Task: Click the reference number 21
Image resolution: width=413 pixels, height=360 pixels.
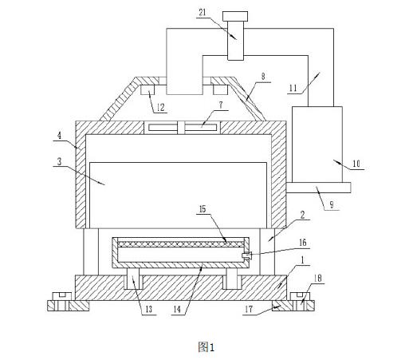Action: (203, 13)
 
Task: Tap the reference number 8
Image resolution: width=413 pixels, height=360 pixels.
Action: (263, 77)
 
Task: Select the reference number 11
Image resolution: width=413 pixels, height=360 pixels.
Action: (293, 88)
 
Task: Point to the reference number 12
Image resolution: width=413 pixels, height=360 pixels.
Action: (160, 108)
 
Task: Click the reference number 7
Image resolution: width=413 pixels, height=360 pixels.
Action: (221, 105)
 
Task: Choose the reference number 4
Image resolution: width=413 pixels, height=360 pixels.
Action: (59, 136)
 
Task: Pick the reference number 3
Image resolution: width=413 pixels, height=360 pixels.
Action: (59, 161)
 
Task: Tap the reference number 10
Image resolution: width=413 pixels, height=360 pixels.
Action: (356, 164)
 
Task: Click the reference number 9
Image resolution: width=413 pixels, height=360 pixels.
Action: (332, 204)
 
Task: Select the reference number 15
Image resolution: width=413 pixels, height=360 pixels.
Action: (203, 209)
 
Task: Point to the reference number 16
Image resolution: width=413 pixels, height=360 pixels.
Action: (303, 243)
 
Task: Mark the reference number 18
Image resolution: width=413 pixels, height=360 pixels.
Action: (317, 279)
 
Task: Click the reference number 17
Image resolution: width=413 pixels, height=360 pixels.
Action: (249, 309)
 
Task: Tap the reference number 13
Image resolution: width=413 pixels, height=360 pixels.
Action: (149, 309)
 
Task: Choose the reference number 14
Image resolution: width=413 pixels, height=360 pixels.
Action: (177, 309)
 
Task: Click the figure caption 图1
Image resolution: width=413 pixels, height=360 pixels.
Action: (206, 347)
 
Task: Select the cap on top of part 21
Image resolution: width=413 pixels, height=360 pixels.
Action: (235, 16)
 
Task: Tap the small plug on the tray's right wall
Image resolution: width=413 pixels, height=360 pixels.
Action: (246, 255)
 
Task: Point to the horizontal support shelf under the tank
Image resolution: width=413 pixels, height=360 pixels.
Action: (319, 188)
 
